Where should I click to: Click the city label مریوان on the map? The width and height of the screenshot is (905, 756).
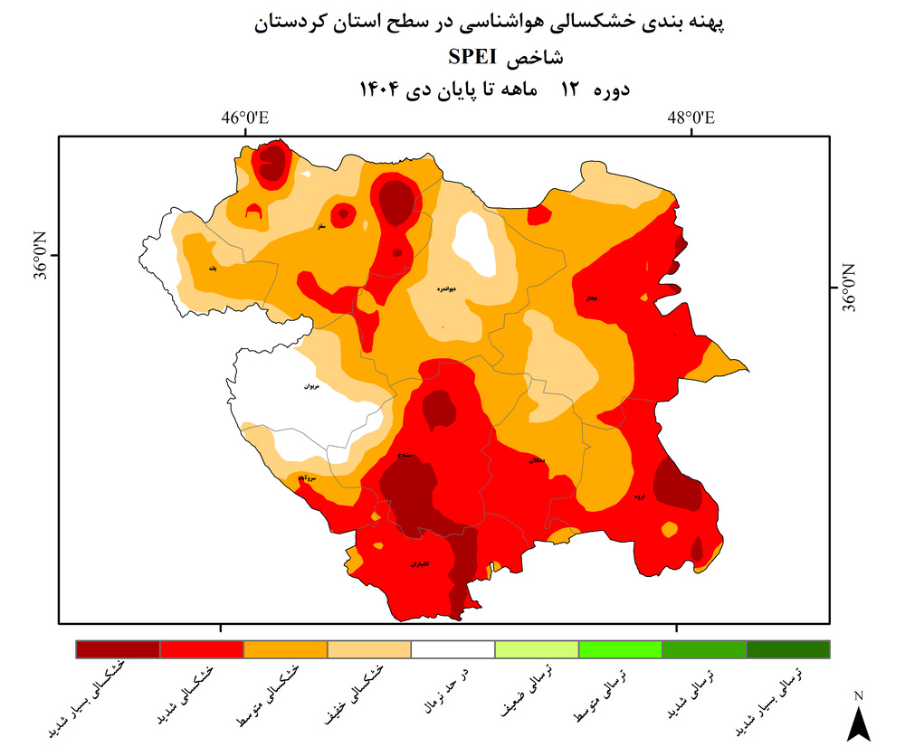click(x=311, y=386)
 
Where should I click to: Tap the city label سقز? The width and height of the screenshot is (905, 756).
click(x=320, y=226)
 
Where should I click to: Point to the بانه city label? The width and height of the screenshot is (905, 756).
click(x=213, y=269)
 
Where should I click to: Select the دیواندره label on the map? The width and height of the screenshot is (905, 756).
click(x=443, y=288)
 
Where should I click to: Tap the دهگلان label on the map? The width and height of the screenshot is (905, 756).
click(x=537, y=461)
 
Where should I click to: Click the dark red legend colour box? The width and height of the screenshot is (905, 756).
click(x=118, y=649)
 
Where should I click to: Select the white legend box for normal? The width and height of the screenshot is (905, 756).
click(x=452, y=649)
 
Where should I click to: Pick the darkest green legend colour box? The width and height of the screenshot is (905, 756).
click(x=787, y=649)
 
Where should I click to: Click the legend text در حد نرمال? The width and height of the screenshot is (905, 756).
click(x=450, y=687)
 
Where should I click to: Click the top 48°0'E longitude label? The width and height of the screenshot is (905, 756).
click(x=691, y=118)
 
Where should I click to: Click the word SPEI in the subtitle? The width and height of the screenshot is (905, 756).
click(x=470, y=56)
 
